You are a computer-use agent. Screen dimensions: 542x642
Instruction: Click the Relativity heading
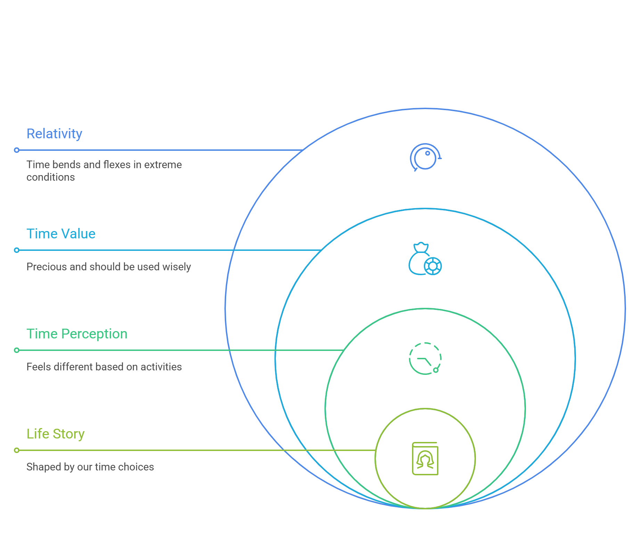[x=54, y=134]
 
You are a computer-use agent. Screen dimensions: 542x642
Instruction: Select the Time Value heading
[x=61, y=234]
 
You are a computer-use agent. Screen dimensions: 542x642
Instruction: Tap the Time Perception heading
[x=77, y=334]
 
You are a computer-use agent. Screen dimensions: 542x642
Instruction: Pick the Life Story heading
[x=56, y=434]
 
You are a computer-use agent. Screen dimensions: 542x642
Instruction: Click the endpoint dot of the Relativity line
[x=17, y=150]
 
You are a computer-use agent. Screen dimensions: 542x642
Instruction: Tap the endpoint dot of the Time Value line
[x=17, y=250]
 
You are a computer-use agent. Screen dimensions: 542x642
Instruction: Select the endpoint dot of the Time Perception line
[x=17, y=350]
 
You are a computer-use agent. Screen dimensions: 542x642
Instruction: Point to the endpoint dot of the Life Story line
[x=17, y=450]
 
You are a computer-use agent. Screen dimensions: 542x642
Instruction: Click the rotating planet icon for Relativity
[x=425, y=157]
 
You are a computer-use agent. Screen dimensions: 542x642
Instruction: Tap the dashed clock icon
[x=425, y=359]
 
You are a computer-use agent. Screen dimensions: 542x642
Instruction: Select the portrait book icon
[x=425, y=459]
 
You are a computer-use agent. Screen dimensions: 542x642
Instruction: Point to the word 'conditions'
[x=51, y=177]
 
